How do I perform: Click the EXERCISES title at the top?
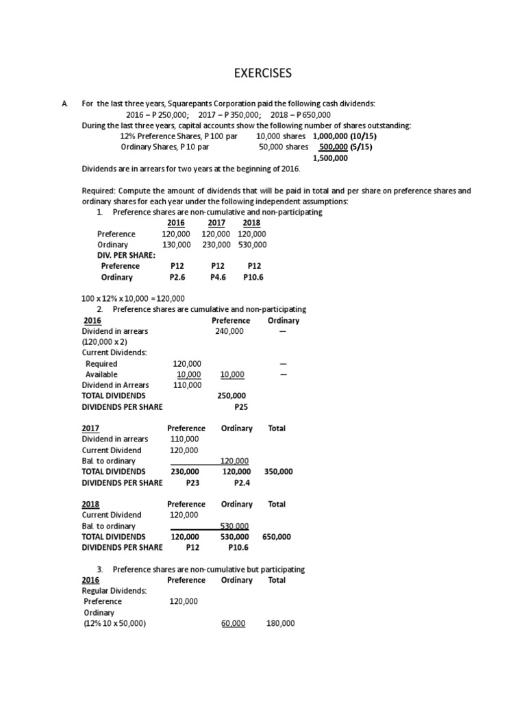pyautogui.click(x=262, y=73)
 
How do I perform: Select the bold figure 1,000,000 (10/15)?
pyautogui.click(x=345, y=136)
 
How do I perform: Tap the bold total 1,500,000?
pyautogui.click(x=330, y=158)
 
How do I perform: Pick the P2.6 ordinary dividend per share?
pyautogui.click(x=179, y=278)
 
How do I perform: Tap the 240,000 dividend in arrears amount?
pyautogui.click(x=230, y=331)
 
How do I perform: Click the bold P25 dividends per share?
pyautogui.click(x=240, y=407)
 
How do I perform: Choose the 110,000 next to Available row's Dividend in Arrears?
pyautogui.click(x=186, y=385)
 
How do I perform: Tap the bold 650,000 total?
pyautogui.click(x=277, y=537)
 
